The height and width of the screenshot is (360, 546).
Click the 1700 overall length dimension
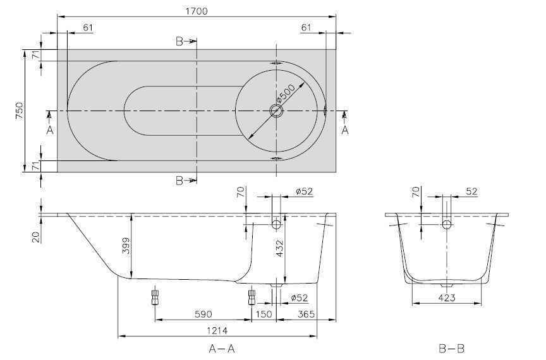pos(197,11)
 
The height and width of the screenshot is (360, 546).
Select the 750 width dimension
pos(20,111)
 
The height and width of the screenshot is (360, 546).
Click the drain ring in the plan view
pos(276,111)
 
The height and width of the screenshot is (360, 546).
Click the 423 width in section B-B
pos(446,298)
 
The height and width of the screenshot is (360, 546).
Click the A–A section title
pos(223,348)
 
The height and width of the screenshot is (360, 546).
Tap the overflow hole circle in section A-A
pos(276,224)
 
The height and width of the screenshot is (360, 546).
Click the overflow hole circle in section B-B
pos(447,224)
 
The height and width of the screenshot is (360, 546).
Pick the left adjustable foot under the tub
pos(154,297)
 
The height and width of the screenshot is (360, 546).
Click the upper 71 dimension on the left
pos(36,56)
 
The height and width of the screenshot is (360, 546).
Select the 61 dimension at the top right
pos(306,27)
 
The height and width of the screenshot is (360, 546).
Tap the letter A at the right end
pos(344,130)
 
